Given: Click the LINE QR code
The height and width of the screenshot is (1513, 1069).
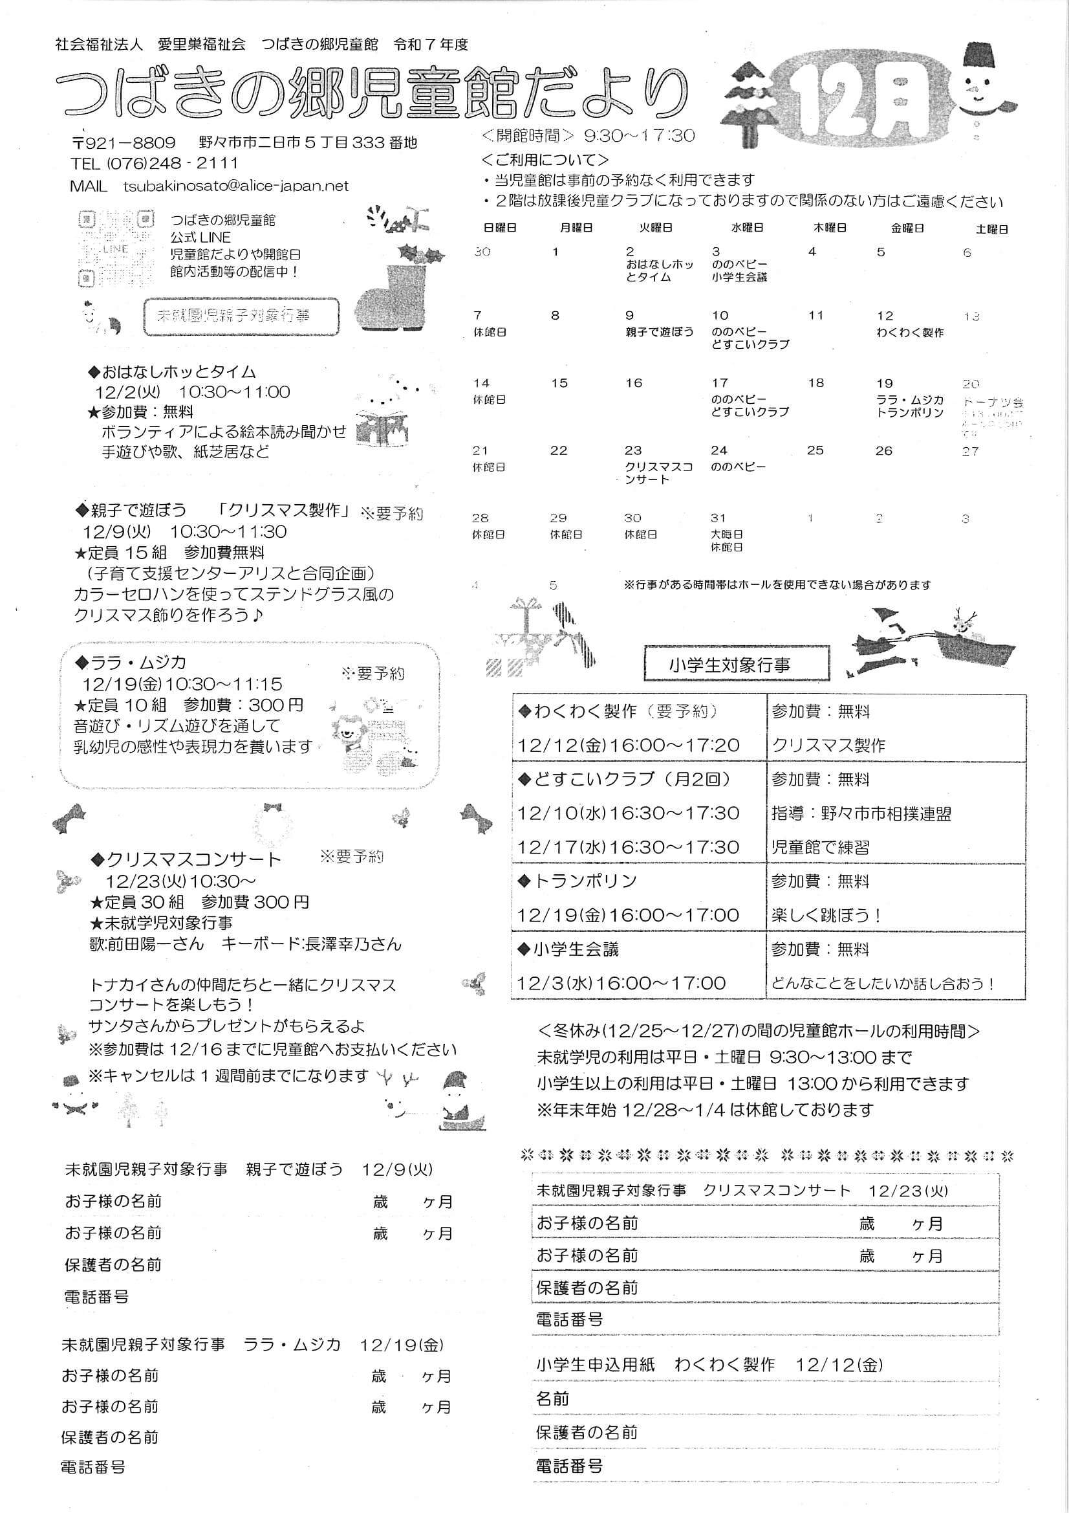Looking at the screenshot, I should point(116,248).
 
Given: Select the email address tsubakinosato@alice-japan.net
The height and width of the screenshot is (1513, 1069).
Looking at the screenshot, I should point(235,186).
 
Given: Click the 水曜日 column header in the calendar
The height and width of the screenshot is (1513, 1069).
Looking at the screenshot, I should point(746,228).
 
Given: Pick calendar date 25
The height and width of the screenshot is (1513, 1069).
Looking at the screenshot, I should point(815,451).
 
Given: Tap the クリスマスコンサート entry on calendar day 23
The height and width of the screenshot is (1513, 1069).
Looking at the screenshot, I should point(658,473).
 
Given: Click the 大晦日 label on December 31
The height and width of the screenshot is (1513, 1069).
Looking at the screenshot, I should point(726,534).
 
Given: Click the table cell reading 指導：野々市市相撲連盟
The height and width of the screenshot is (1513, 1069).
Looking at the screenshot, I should point(861,815).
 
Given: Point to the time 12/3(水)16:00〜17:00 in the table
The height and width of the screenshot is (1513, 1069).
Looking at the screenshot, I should point(621,984).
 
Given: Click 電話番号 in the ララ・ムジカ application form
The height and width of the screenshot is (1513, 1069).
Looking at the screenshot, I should point(93,1467).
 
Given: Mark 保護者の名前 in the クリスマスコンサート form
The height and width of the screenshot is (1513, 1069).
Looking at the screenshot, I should point(587,1288).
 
